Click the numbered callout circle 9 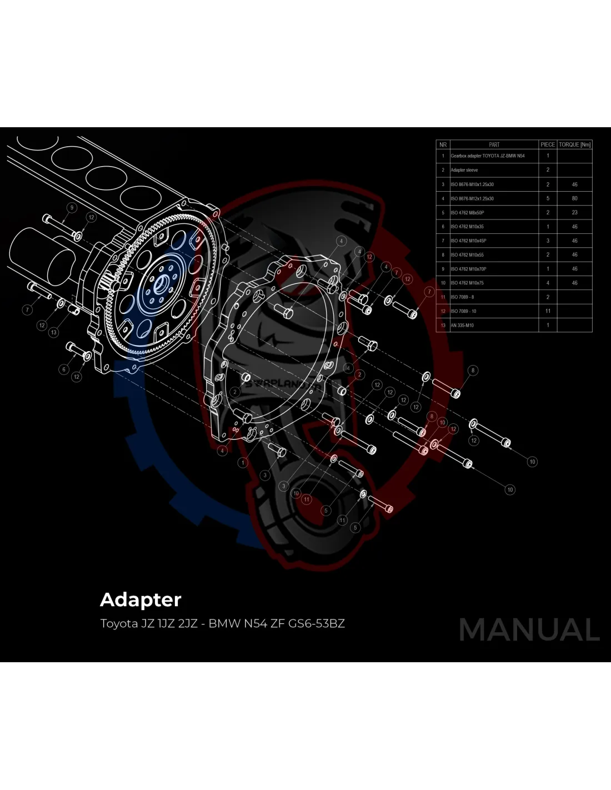click(71, 208)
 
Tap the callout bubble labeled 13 click(53, 332)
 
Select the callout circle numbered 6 click(64, 369)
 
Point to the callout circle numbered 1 click(243, 462)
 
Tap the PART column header click(494, 144)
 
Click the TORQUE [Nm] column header click(574, 144)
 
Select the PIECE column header click(548, 144)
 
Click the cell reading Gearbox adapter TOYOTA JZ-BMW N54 click(487, 156)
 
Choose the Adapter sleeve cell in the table click(464, 170)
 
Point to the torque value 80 click(574, 198)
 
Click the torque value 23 click(574, 212)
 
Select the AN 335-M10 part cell click(462, 325)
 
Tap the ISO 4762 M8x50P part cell click(467, 212)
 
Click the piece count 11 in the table click(548, 311)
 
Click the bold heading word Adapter click(141, 600)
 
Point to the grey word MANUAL click(529, 630)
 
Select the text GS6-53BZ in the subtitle click(316, 623)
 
